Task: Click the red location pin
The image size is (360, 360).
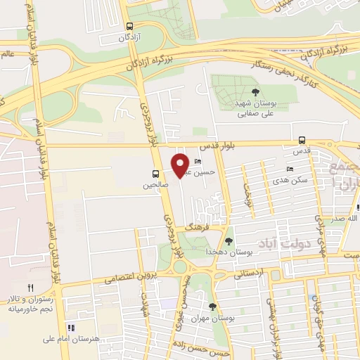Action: point(181,165)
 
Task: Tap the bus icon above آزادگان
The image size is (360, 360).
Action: point(129,25)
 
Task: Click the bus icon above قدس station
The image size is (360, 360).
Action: point(302,139)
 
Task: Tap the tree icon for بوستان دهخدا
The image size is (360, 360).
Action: point(229,241)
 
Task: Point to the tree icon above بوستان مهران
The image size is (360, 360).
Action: point(213,306)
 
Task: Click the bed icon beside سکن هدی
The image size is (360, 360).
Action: point(290,169)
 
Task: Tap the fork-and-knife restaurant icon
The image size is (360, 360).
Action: point(30,288)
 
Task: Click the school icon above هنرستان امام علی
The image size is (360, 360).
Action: point(70,327)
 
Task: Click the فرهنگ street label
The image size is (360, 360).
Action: point(198,228)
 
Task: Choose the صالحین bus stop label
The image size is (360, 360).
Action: point(157,185)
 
